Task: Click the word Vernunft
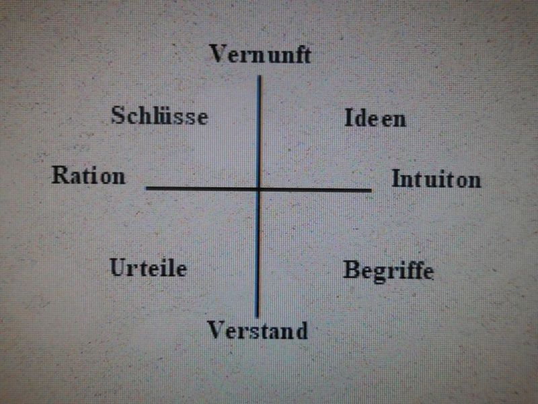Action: (x=260, y=54)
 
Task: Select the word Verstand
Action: (x=258, y=331)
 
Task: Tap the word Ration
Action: (x=89, y=175)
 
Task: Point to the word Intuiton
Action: (x=436, y=178)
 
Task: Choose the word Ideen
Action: (x=375, y=118)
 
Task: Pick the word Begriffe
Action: (x=389, y=272)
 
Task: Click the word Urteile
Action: (x=148, y=267)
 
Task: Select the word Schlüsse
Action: (x=159, y=115)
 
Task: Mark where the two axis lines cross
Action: (x=259, y=189)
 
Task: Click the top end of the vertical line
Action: (x=260, y=76)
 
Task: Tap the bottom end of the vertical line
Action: (x=257, y=316)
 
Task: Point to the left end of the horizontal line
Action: (x=147, y=188)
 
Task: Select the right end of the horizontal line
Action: (x=371, y=190)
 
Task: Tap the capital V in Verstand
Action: (x=216, y=330)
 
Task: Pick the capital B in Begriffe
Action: (x=350, y=269)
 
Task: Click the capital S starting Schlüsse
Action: (x=117, y=115)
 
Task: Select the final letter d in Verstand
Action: (x=301, y=331)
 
